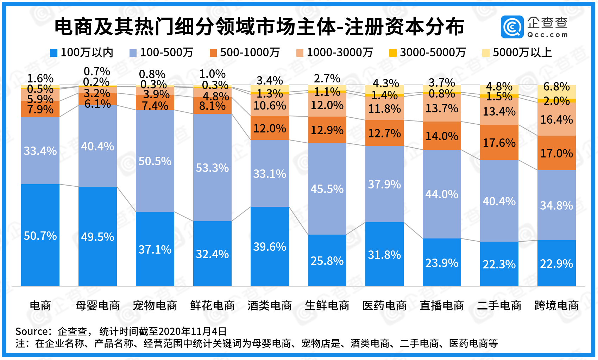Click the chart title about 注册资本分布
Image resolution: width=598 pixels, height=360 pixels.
(259, 27)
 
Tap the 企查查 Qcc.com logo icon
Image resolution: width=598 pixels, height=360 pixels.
(512, 27)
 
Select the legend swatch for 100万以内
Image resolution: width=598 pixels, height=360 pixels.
(53, 53)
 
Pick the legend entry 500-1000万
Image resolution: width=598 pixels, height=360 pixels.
(245, 53)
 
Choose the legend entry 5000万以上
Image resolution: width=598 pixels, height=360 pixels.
(517, 53)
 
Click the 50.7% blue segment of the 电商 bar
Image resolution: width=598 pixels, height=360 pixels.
(40, 235)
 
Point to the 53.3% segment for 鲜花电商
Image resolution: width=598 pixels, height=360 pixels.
(212, 168)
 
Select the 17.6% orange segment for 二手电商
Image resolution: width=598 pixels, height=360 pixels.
(499, 143)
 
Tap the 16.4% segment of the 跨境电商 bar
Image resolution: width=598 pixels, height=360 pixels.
(556, 119)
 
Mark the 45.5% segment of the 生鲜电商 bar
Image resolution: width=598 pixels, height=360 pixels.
(327, 189)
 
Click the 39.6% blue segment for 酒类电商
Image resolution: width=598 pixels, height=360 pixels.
(270, 247)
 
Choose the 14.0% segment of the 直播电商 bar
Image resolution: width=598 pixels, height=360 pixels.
(442, 136)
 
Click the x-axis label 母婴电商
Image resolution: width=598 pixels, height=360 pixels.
(97, 305)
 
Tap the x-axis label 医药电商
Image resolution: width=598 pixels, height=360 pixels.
(384, 305)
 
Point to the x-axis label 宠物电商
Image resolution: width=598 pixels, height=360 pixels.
(155, 305)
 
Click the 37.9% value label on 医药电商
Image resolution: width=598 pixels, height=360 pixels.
(384, 184)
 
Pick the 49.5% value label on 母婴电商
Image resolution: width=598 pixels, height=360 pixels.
(97, 237)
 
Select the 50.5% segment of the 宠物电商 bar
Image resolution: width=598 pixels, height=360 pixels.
(155, 161)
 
